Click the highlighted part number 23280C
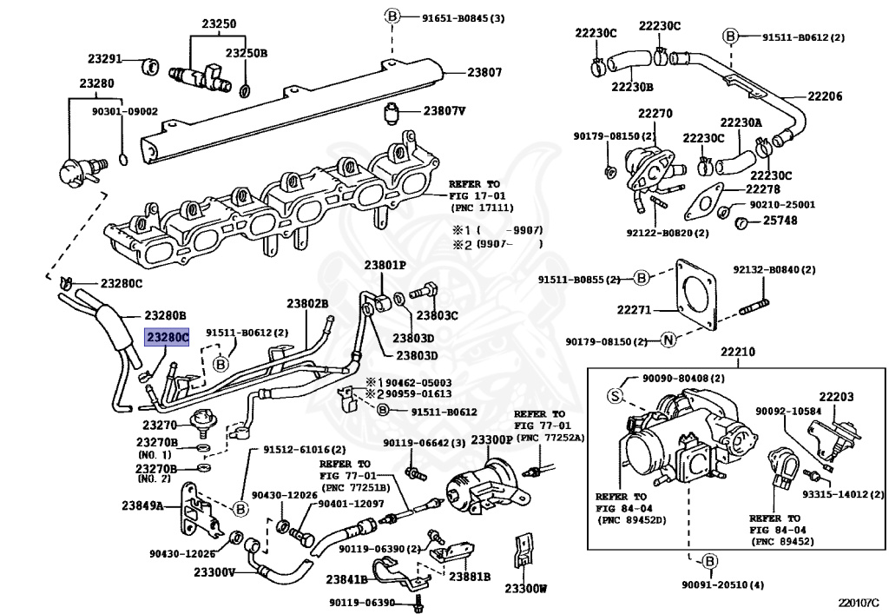tap(167, 336)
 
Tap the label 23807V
tap(444, 111)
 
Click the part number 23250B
tap(247, 53)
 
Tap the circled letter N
tap(668, 340)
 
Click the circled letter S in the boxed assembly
tap(614, 396)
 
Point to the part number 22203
tap(836, 397)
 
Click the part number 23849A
tap(142, 505)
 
